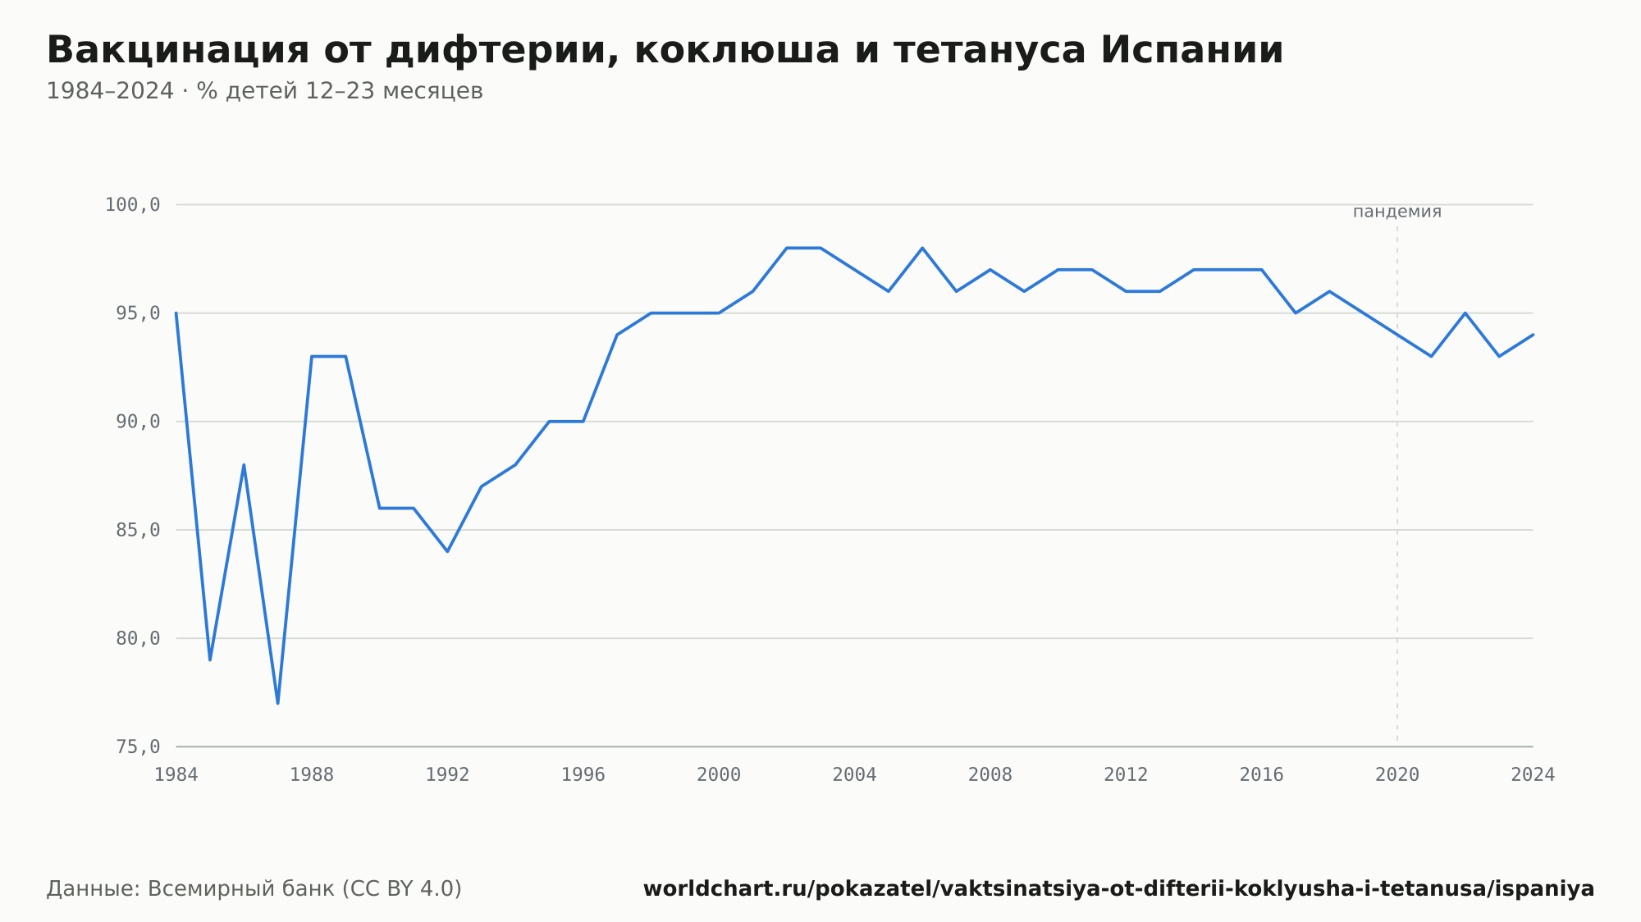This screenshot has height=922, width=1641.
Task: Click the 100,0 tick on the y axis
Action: click(132, 205)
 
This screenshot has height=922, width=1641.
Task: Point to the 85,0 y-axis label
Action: click(138, 530)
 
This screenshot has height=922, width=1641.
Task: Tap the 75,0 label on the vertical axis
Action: click(138, 746)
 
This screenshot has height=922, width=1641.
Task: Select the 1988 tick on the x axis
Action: click(312, 775)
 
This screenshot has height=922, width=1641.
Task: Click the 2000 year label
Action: click(719, 775)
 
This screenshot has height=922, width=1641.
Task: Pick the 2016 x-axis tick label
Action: click(1261, 775)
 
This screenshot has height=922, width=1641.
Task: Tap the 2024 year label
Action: click(1533, 775)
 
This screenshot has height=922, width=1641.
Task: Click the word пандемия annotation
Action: click(1396, 212)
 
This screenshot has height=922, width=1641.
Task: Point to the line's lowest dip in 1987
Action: click(278, 703)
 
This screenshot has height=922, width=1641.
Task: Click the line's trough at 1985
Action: click(210, 660)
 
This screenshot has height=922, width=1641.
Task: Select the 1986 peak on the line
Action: click(244, 465)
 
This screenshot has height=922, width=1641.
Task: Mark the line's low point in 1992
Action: click(447, 551)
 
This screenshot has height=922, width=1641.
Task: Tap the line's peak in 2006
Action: click(922, 248)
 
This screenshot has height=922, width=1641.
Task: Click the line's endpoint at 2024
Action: click(1533, 335)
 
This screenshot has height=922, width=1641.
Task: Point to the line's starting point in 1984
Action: click(176, 313)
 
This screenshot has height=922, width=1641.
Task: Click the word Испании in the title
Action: click(1191, 50)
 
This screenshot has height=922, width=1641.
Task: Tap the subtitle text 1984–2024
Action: click(110, 91)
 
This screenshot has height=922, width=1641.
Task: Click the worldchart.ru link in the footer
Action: click(1118, 888)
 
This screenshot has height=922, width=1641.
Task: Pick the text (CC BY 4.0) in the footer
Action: click(402, 888)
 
